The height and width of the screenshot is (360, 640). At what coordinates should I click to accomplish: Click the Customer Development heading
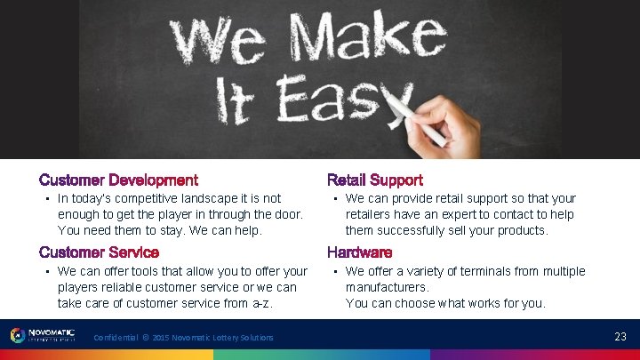point(118,180)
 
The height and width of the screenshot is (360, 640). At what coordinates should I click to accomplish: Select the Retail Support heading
point(374,180)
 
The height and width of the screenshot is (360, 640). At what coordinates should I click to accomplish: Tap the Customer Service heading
point(99,252)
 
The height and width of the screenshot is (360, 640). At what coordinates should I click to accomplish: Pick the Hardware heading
point(359,252)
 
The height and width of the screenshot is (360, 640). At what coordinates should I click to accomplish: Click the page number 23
point(620,336)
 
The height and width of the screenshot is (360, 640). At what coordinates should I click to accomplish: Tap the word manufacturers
point(387,287)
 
